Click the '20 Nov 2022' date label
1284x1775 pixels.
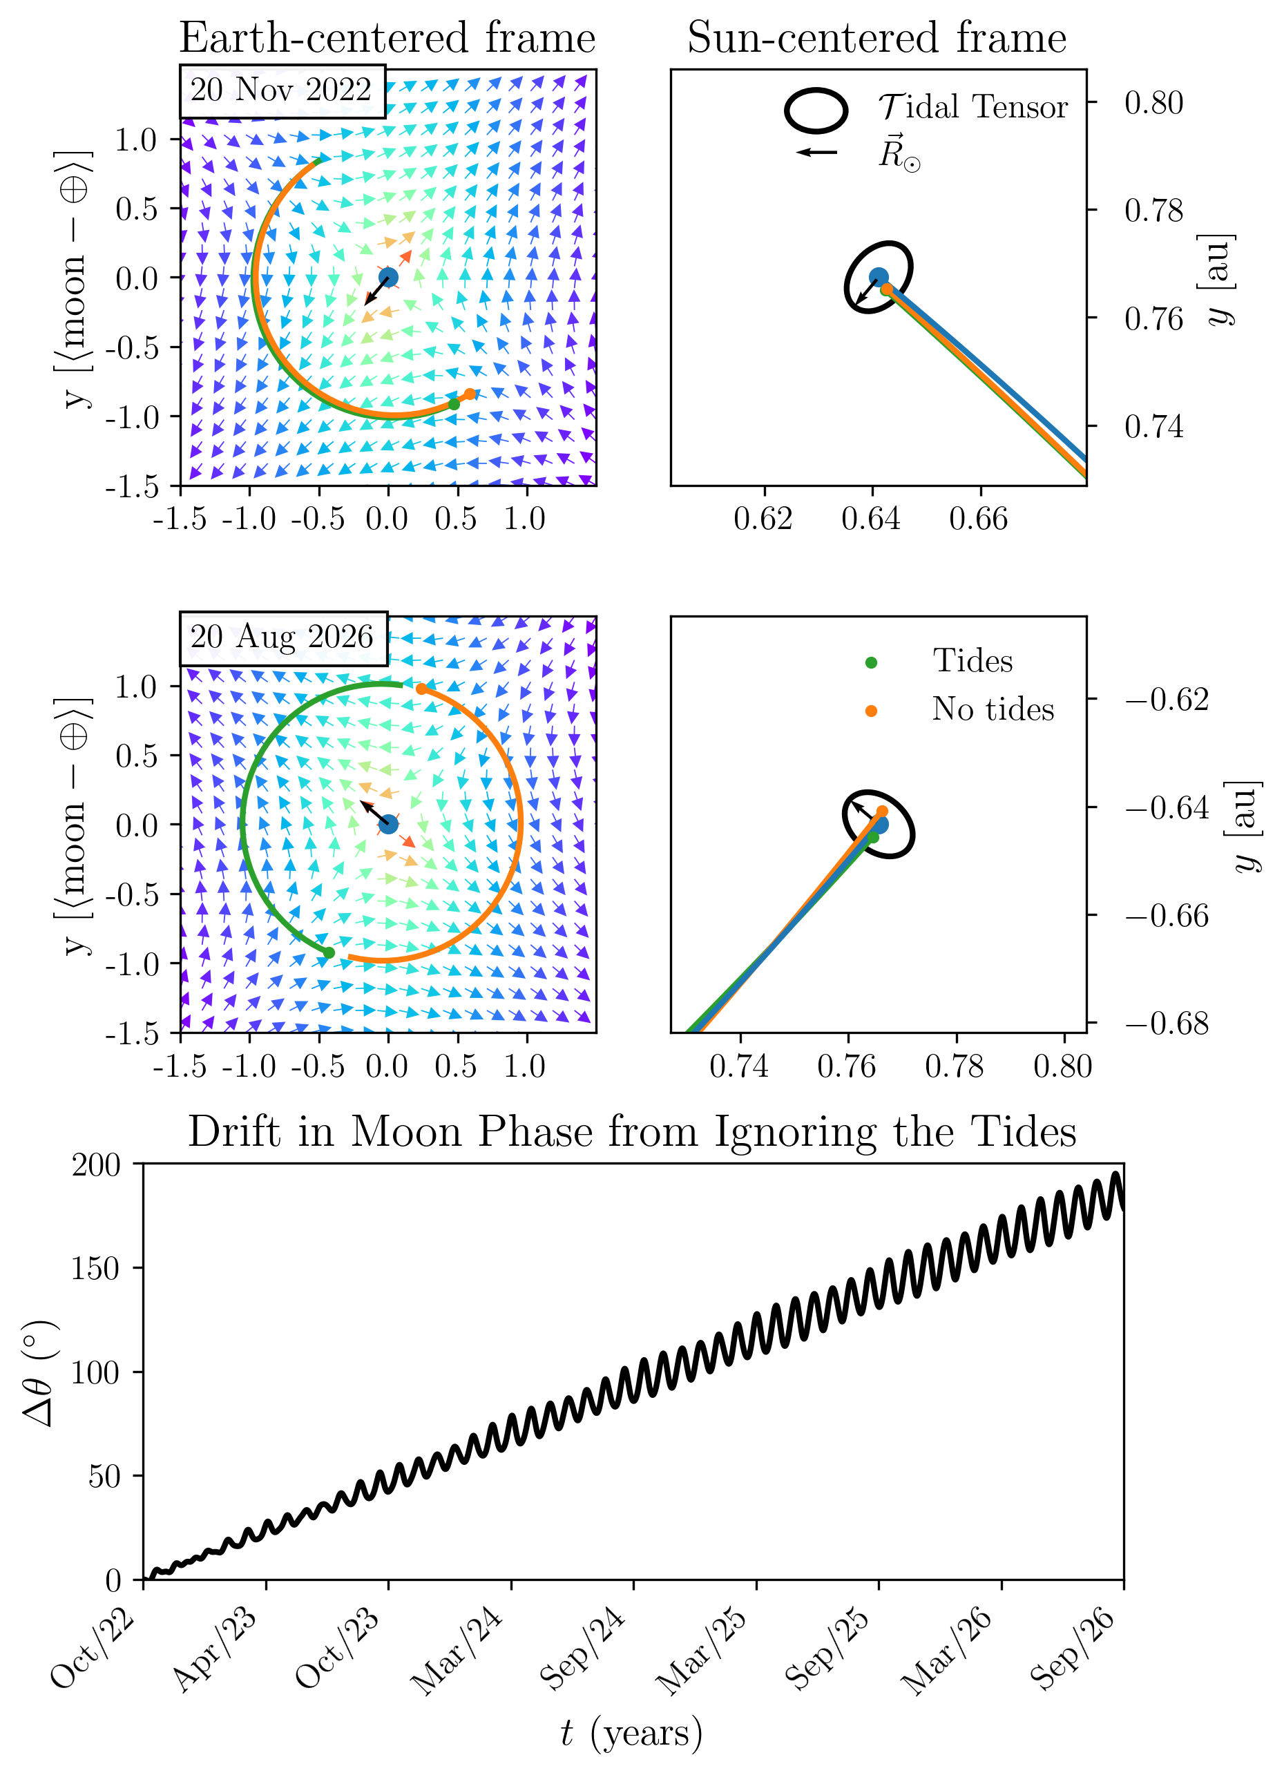pos(281,90)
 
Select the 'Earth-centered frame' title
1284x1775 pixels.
pos(387,37)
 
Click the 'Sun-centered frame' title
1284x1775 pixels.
pos(876,37)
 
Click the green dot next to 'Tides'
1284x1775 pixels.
pos(871,663)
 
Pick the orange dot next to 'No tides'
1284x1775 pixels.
pos(871,711)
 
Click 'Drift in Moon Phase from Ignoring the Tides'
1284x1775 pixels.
pos(632,1132)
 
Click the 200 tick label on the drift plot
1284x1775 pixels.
pos(96,1165)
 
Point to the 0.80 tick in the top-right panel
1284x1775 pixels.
pos(1154,102)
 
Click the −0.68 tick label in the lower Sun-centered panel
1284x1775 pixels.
pos(1167,1023)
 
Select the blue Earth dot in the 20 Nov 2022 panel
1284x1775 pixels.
pos(388,277)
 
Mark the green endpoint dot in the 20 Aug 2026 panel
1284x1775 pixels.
pos(329,952)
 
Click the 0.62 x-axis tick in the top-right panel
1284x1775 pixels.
pos(764,518)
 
